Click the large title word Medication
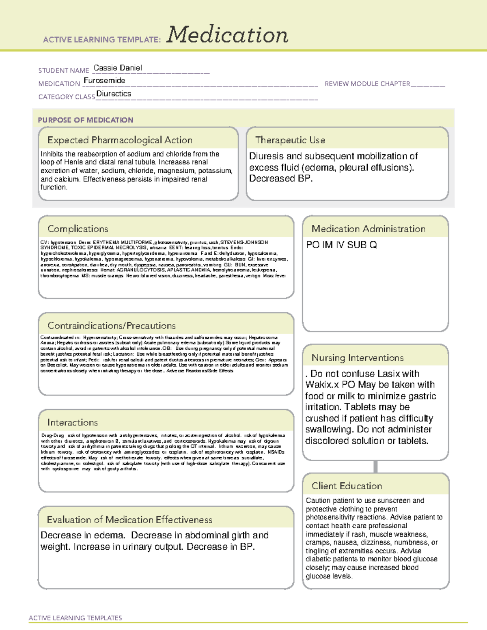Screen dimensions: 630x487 point(227,35)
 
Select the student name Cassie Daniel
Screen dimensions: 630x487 point(118,68)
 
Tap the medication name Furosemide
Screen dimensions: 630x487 point(104,80)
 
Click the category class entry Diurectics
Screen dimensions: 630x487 point(114,94)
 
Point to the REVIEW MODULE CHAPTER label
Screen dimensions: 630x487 point(367,84)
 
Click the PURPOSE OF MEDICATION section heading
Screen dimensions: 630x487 point(85,120)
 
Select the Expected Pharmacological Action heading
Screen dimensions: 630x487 point(120,140)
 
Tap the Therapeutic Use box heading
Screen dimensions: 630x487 point(290,140)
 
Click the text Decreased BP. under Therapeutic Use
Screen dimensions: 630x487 point(281,178)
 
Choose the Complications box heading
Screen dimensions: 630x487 point(78,229)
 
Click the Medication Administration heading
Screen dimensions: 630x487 point(368,229)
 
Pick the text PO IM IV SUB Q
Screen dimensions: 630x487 point(341,245)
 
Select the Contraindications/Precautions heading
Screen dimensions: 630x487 point(112,325)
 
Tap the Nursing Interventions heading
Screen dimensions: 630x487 point(358,358)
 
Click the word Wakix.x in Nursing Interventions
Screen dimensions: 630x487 point(322,385)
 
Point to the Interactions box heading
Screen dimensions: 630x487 point(72,422)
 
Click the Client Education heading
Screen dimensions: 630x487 point(347,486)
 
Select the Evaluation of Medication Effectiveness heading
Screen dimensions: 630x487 point(129,520)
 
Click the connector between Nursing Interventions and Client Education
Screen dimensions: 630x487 point(375,467)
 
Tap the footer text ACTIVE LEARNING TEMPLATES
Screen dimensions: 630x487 point(75,618)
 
